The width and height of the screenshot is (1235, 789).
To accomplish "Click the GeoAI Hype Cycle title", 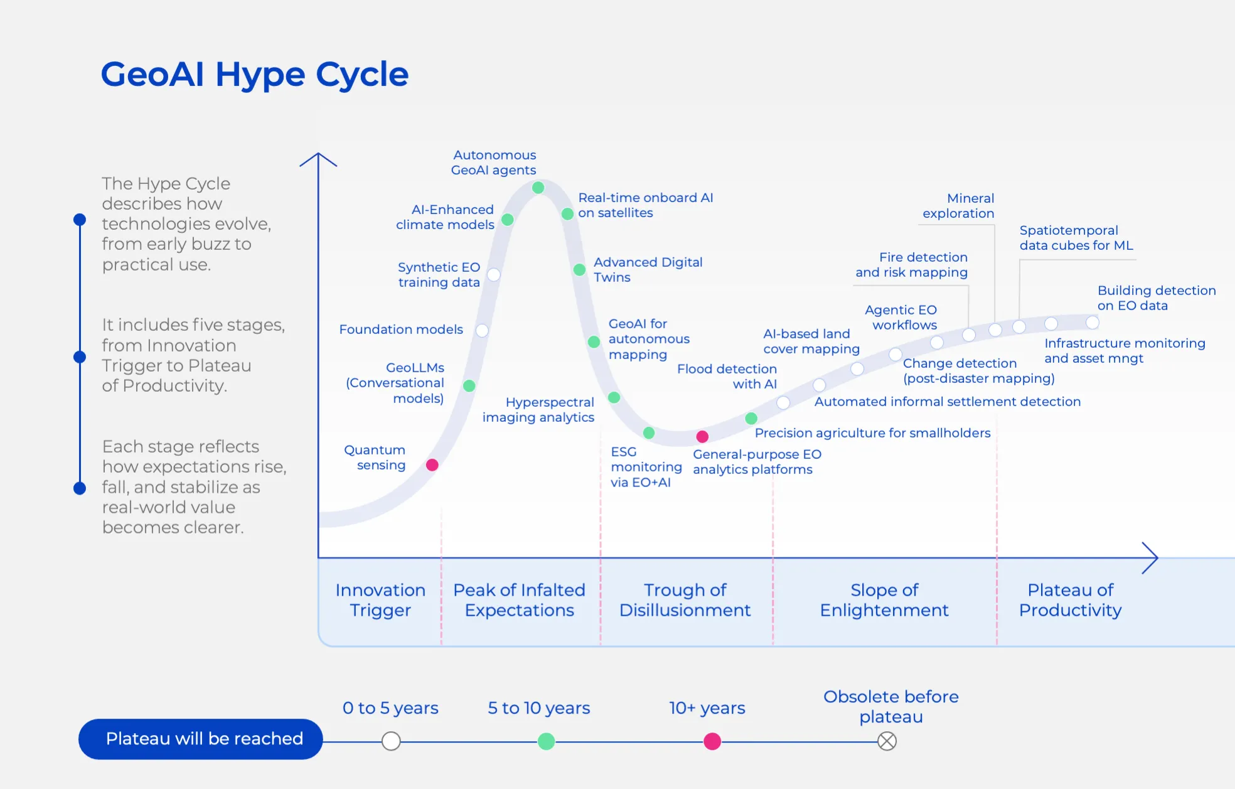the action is (x=255, y=74).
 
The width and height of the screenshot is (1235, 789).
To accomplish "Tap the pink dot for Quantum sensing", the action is (x=432, y=465).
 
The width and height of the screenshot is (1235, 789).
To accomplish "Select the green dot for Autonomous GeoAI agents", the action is (x=538, y=188).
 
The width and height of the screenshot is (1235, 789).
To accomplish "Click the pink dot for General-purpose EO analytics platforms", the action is (x=702, y=436).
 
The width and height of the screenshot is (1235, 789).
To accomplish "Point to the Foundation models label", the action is (x=401, y=330).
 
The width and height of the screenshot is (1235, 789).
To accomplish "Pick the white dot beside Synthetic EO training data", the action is (x=494, y=275).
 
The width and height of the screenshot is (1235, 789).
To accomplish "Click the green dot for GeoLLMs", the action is (x=469, y=385).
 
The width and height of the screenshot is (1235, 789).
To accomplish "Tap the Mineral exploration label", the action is (x=958, y=206).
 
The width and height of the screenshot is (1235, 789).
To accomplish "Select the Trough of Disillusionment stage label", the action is (x=685, y=600).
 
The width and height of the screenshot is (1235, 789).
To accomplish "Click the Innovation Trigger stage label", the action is (x=380, y=600).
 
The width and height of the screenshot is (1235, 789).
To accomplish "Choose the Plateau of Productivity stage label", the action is (x=1070, y=600).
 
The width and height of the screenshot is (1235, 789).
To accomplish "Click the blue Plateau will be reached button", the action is (x=201, y=739).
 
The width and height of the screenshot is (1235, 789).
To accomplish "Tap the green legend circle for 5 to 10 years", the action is (x=547, y=741).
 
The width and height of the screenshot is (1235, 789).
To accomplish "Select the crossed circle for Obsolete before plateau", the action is (x=887, y=741).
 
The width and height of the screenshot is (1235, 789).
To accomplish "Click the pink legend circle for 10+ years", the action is (x=712, y=741).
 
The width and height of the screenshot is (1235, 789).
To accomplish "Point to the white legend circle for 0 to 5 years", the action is (x=391, y=741).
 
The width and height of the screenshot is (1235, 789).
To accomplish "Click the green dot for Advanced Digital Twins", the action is (x=579, y=270).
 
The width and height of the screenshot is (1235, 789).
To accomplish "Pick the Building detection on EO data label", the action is (x=1157, y=298).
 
